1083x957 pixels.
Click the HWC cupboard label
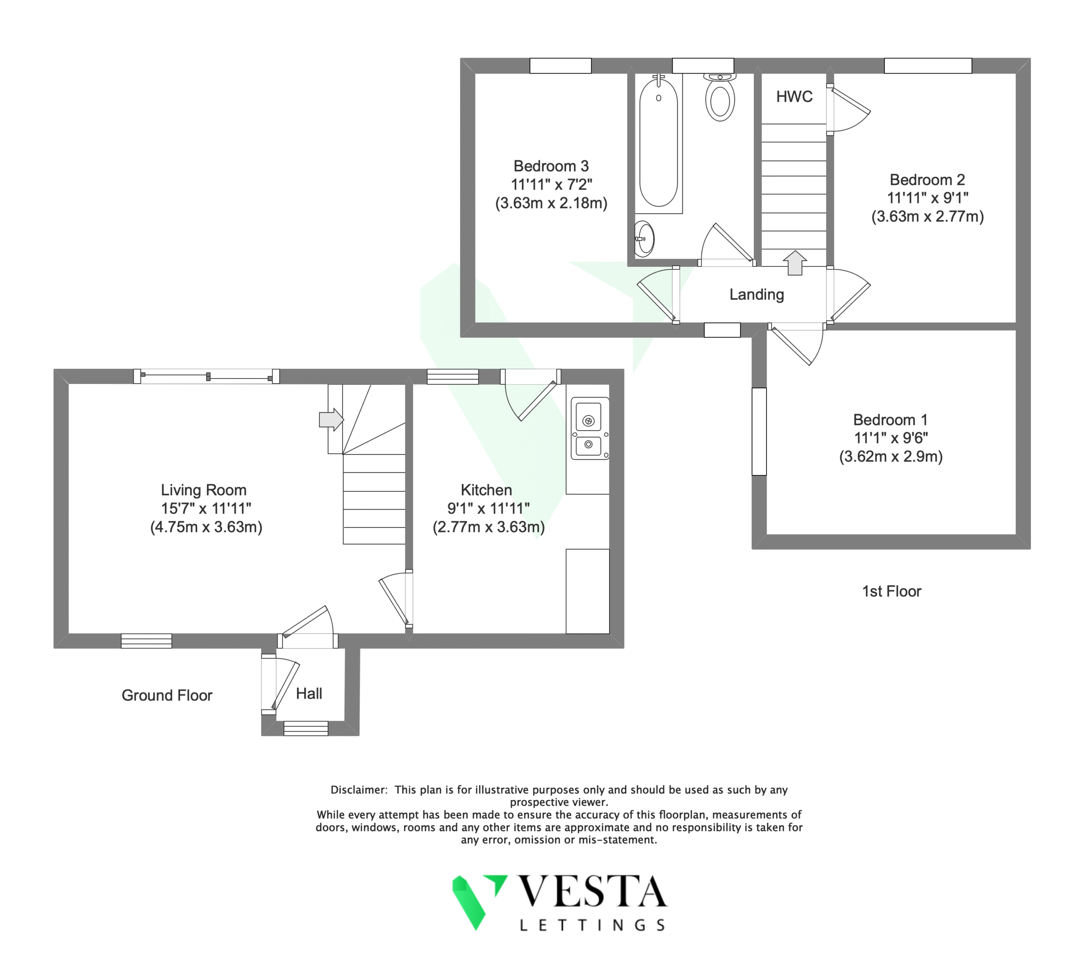coord(794,96)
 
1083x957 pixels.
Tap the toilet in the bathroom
coord(720,97)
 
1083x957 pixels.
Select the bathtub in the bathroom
coord(659,143)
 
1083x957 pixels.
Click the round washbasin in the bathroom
coord(644,239)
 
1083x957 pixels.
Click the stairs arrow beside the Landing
coord(795,263)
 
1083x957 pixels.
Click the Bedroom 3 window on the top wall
coord(561,66)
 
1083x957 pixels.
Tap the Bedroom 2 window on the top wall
coord(928,66)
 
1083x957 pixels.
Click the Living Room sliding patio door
coord(206,376)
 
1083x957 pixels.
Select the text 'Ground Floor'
coord(167,695)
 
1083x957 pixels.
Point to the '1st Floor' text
coord(892,591)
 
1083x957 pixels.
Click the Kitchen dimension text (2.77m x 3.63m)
coord(489,527)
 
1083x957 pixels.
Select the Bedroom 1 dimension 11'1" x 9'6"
coord(891,438)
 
